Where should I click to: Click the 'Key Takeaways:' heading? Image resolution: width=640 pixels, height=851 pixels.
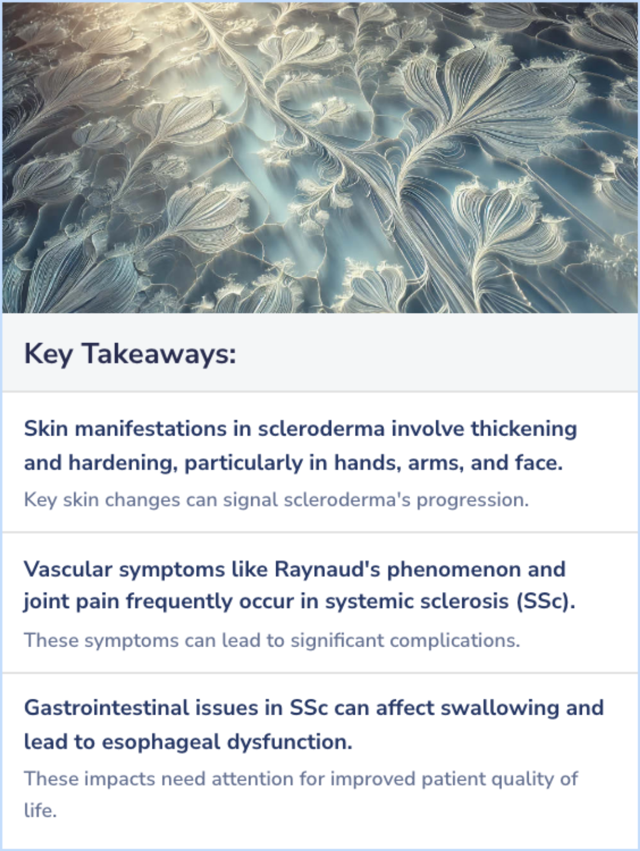pyautogui.click(x=130, y=354)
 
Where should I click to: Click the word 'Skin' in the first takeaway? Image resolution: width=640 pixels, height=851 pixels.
pyautogui.click(x=46, y=428)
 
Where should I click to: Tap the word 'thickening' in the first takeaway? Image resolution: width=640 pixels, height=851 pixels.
pyautogui.click(x=523, y=428)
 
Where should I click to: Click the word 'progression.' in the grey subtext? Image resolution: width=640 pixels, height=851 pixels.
pyautogui.click(x=472, y=500)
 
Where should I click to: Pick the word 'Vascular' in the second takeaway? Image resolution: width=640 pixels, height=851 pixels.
pyautogui.click(x=68, y=570)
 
